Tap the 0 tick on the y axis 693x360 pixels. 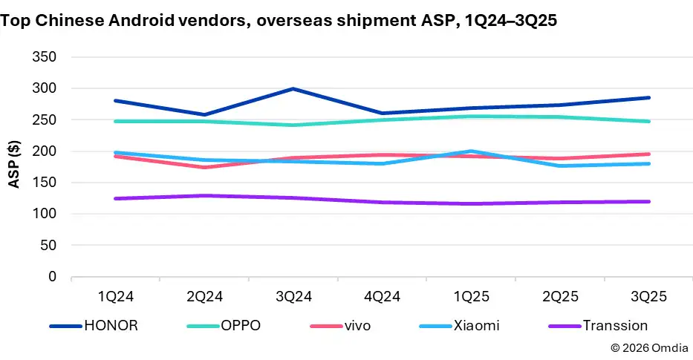pos(51,277)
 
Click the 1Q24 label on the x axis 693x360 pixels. pos(115,296)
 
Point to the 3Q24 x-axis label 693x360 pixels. pos(293,296)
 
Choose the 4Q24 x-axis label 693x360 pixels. pos(383,296)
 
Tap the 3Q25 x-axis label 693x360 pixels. pos(649,296)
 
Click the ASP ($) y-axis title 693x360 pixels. pos(14,166)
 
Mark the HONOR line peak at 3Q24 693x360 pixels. pos(293,89)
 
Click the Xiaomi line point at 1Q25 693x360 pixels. pos(472,151)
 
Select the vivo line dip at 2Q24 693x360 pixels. pos(204,167)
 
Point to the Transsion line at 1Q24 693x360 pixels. pos(115,198)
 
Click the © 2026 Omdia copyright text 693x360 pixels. pos(648,347)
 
